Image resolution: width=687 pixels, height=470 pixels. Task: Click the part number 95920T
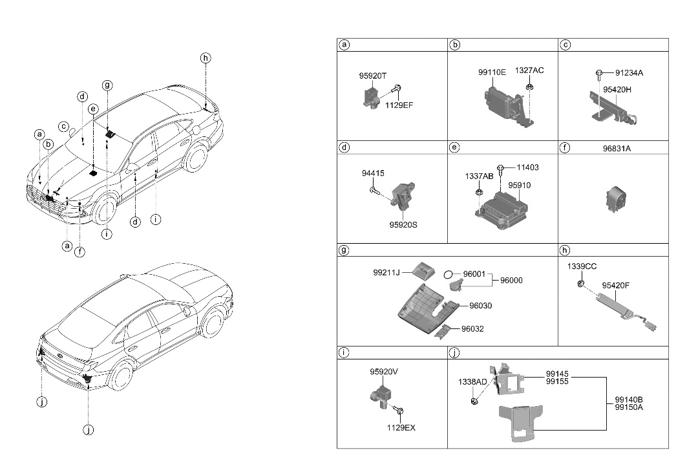coord(372,76)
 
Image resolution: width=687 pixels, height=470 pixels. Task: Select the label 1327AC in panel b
coord(529,70)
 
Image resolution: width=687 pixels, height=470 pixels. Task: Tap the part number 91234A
coord(629,73)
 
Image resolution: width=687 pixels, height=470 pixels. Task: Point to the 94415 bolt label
coord(372,173)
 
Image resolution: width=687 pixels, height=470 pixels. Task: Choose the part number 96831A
coord(616,148)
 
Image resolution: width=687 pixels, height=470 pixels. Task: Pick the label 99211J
coord(386,273)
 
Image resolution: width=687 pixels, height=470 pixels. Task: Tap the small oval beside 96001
coord(448,275)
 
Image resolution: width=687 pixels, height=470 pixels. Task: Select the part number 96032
coord(472,329)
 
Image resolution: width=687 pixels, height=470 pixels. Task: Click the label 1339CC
coord(582,266)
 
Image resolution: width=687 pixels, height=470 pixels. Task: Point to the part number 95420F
coord(617,284)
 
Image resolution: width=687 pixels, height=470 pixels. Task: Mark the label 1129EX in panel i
coord(401,427)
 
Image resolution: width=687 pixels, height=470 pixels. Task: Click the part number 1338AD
coord(472,382)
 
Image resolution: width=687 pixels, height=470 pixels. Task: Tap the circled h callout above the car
coord(206,58)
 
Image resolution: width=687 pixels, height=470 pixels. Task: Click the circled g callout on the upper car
coord(107,85)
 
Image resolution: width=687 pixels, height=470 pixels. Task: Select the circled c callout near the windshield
coord(63,126)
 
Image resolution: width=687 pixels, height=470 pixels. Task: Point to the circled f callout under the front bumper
coord(79,252)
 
